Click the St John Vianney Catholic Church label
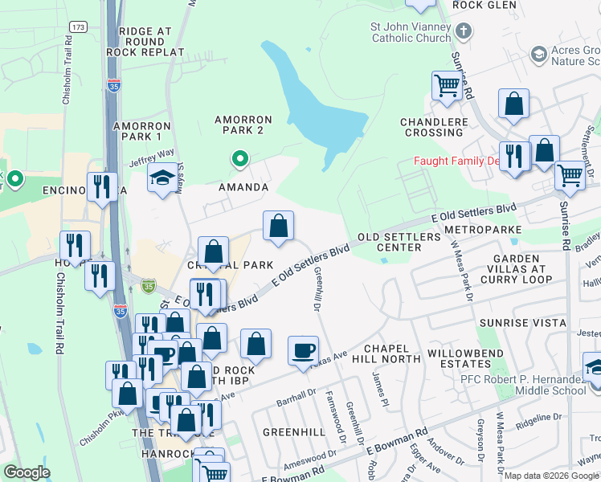410,32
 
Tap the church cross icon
463,32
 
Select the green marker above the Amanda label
239,159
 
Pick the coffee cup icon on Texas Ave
303,350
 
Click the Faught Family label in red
456,161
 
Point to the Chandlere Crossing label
434,127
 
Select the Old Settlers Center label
399,242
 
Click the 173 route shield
78,27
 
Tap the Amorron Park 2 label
243,125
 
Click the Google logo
27,472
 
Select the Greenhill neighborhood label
294,431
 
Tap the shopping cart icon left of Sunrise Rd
446,85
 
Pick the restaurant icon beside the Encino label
102,187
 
